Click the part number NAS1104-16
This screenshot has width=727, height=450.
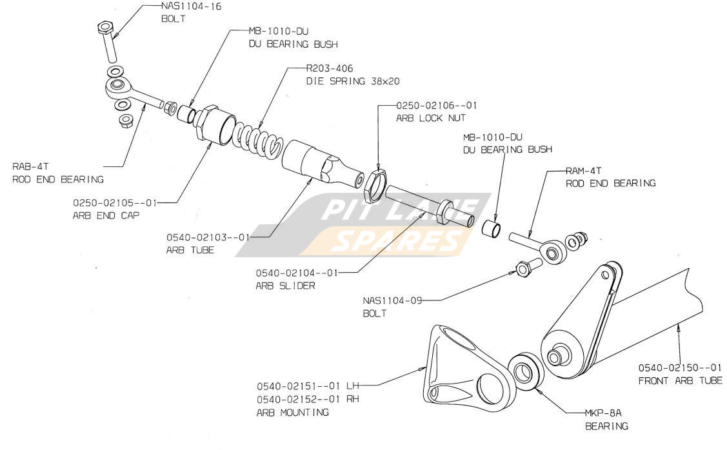click(x=192, y=6)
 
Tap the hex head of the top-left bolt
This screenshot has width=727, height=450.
click(x=105, y=28)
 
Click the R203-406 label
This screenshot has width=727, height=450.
click(x=329, y=68)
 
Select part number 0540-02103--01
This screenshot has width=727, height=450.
click(x=208, y=237)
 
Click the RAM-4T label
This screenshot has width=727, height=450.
click(x=583, y=171)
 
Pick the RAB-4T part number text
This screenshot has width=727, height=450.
click(x=30, y=166)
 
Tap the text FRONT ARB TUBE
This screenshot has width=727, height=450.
click(x=680, y=380)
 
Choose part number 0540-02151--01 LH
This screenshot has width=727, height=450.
click(x=307, y=386)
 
